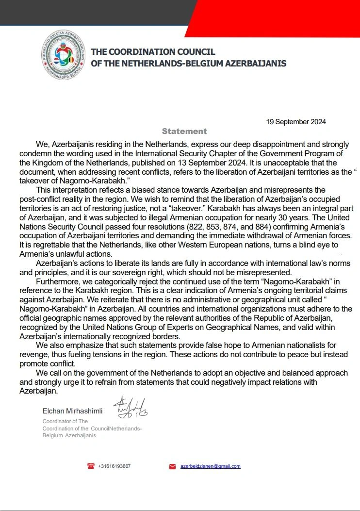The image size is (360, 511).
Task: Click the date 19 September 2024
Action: [296, 122]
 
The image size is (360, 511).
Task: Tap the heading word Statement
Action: [184, 131]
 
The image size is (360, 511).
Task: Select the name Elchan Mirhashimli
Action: [72, 411]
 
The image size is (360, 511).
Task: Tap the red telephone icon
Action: [91, 466]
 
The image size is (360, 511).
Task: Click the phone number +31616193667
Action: [114, 466]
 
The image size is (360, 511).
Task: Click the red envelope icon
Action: [172, 466]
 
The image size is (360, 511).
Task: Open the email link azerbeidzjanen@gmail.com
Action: [210, 466]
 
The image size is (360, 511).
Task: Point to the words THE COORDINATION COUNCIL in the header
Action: [153, 51]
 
